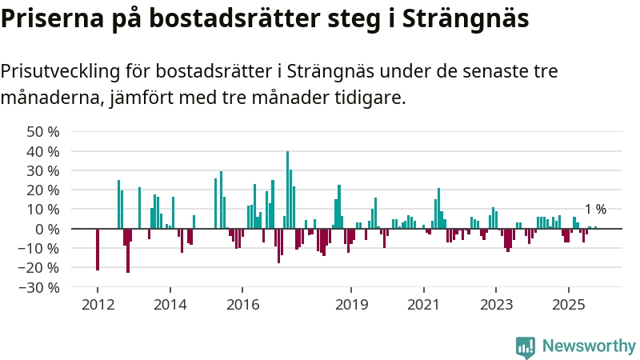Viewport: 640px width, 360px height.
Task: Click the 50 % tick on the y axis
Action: [43, 131]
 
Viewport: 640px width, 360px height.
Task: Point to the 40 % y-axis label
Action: [43, 151]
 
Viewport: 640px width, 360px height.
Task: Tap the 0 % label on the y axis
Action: [47, 229]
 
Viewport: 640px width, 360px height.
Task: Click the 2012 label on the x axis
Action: [97, 304]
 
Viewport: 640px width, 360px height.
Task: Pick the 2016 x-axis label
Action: [242, 304]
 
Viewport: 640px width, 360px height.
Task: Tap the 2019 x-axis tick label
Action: [350, 304]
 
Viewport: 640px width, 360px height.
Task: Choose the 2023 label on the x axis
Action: [496, 304]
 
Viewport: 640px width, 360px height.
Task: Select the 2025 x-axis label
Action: [568, 304]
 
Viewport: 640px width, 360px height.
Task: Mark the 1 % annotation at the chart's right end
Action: [595, 210]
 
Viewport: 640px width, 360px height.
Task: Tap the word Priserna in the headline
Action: [47, 18]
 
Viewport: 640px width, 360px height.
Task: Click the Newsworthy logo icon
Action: [526, 346]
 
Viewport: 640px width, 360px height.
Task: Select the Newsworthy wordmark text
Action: [588, 346]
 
